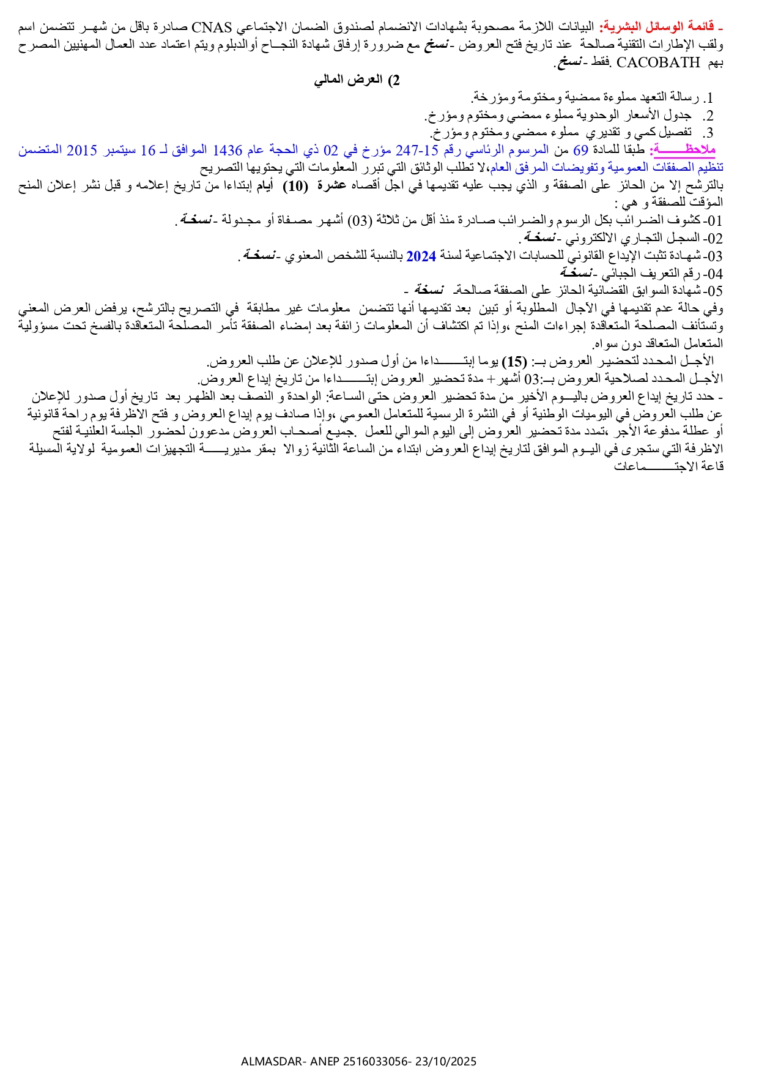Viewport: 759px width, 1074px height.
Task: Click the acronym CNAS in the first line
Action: pos(212,28)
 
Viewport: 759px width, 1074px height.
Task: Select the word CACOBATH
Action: pos(658,62)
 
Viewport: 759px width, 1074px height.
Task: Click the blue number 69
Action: pos(580,150)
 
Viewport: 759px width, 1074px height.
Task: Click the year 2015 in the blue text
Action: pos(81,150)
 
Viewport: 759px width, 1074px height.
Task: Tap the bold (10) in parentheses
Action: pos(295,186)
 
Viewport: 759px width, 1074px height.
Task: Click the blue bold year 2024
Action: pos(421,256)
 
